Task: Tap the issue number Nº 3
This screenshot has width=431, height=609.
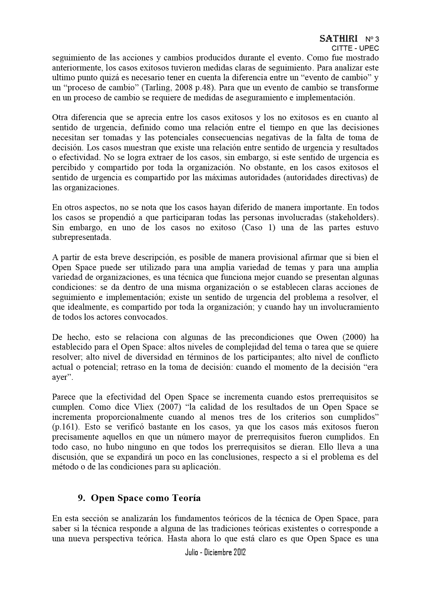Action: tap(372, 39)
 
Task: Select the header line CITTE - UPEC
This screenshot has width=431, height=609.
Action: tap(355, 49)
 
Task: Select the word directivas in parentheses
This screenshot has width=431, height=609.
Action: tap(343, 178)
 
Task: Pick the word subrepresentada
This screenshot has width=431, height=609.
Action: tap(81, 238)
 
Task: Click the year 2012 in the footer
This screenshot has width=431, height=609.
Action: tap(238, 552)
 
